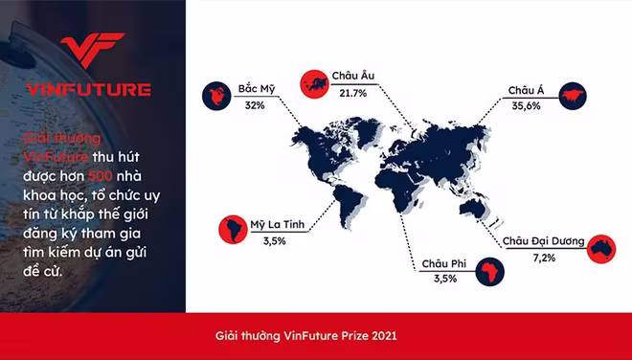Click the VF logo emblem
click(x=91, y=55)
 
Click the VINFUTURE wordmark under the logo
click(x=91, y=90)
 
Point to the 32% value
click(x=255, y=105)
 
